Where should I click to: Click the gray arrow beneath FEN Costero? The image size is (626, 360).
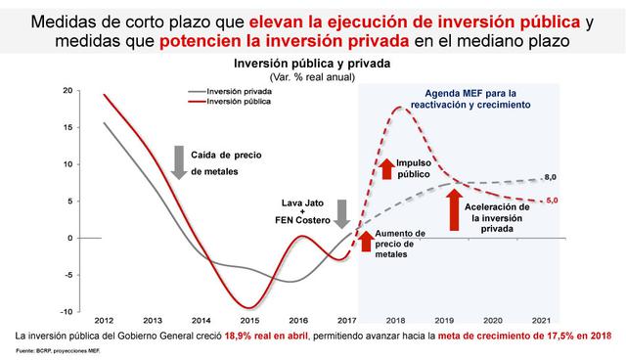[341, 212]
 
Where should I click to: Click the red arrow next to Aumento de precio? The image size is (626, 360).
[366, 239]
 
